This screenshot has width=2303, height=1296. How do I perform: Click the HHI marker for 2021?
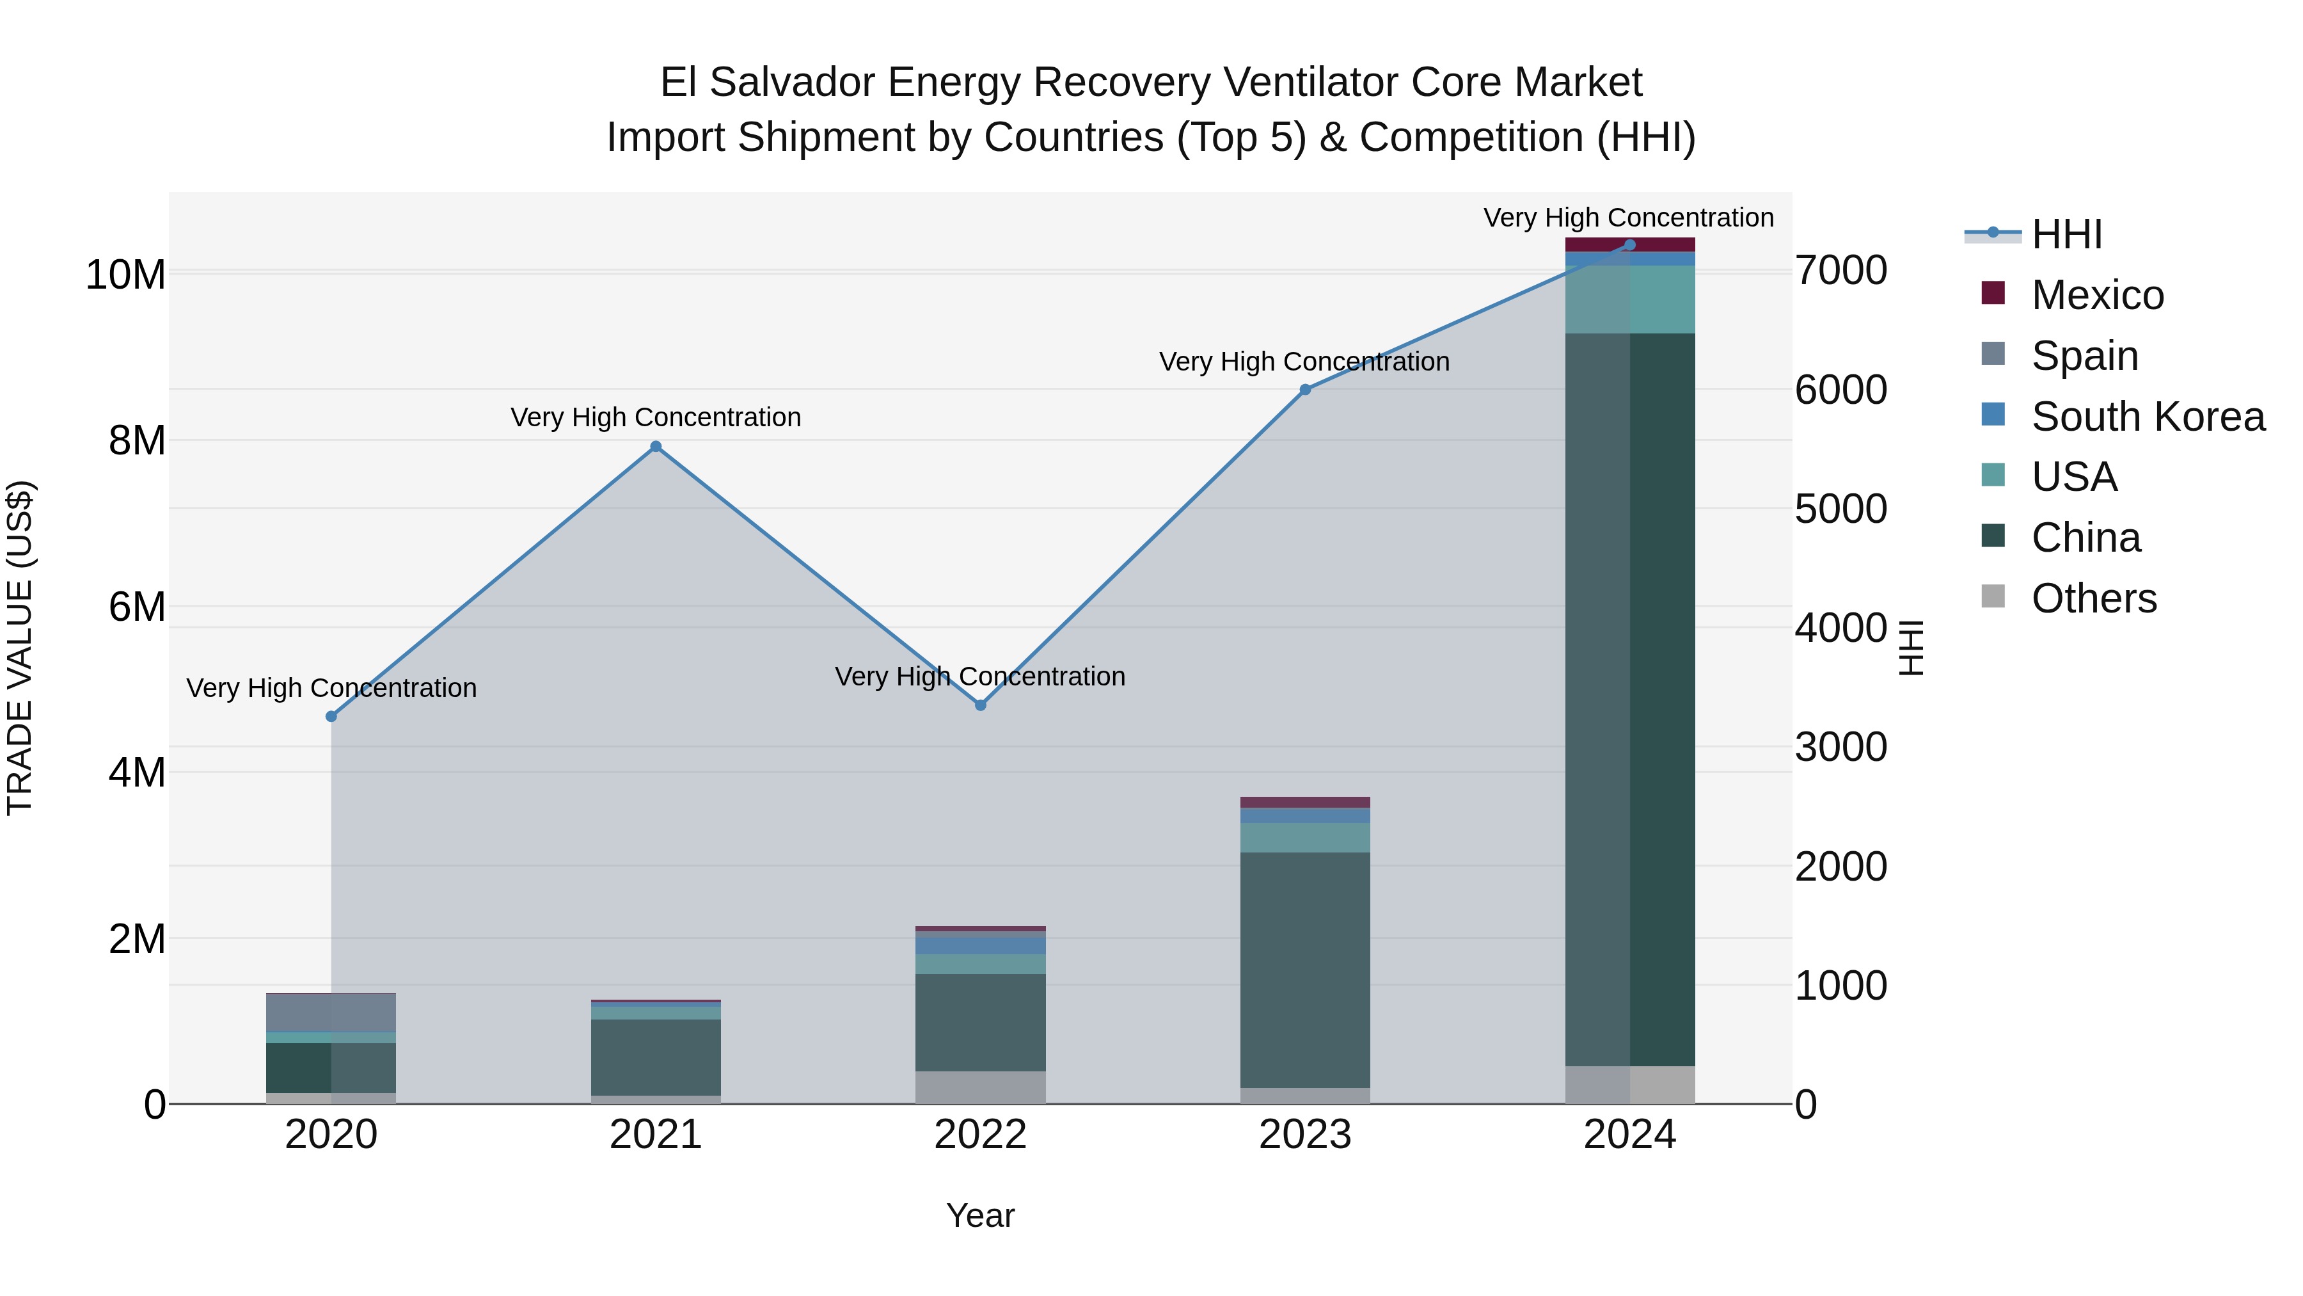[x=655, y=446]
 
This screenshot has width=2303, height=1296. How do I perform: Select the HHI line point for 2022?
[x=980, y=705]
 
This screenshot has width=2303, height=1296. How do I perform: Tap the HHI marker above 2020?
[x=331, y=716]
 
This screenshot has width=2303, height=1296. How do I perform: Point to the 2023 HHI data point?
[x=1304, y=389]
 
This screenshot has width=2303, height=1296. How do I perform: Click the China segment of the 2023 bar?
[x=1304, y=970]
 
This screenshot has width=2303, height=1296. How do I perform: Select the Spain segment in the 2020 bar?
[x=331, y=1012]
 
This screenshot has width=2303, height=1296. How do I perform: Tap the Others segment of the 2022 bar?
[x=980, y=1087]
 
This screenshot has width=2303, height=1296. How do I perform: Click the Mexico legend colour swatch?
[x=1993, y=293]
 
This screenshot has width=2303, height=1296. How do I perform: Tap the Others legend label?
[x=2093, y=598]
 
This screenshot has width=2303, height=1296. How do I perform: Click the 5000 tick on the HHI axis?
[x=1840, y=509]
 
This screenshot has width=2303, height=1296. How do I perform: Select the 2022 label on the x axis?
[x=980, y=1135]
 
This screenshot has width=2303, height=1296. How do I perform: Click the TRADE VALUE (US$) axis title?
[x=20, y=648]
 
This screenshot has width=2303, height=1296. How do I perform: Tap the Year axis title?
[x=980, y=1215]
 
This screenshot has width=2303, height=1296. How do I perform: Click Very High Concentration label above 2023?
[x=1304, y=362]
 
